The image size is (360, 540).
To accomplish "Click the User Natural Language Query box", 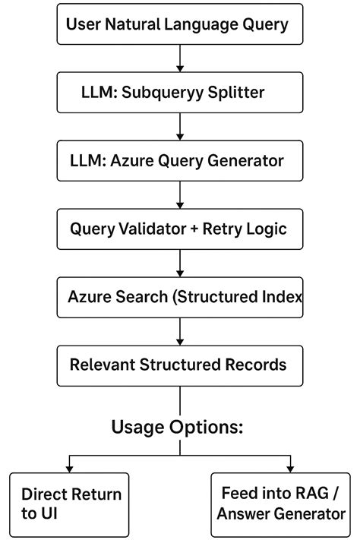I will [180, 24].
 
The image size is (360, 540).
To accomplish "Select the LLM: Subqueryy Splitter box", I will [180, 92].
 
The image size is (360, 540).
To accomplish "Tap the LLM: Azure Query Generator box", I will [180, 160].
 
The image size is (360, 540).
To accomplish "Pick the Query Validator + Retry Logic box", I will [180, 228].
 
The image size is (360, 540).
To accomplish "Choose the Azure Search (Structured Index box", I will [180, 296].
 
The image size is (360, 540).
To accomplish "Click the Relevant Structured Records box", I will [180, 364].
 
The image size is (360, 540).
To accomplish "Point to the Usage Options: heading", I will [178, 426].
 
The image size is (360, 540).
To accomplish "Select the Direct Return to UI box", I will [71, 504].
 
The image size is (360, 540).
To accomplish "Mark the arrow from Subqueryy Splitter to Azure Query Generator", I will [180, 126].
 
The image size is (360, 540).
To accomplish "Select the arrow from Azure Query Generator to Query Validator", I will [180, 194].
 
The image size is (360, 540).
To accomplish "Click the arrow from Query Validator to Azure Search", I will [180, 262].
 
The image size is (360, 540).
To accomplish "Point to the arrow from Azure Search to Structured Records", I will [180, 330].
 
